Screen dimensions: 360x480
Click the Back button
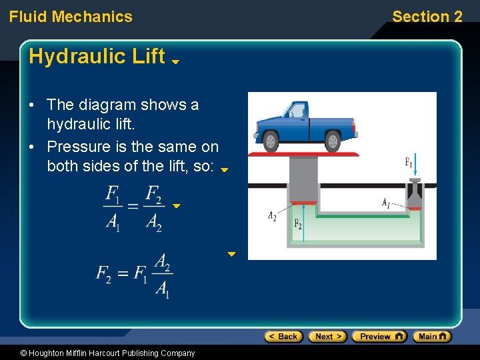(283, 337)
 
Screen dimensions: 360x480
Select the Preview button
(379, 337)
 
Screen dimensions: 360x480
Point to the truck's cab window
(295, 111)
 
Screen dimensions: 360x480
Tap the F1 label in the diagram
(409, 162)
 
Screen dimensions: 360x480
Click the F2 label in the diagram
(298, 224)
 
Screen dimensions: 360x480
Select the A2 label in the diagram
(272, 215)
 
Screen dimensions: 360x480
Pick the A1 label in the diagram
(386, 202)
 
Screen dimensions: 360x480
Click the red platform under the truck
(307, 154)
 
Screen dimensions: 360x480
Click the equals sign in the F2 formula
(122, 273)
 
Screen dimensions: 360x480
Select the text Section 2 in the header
(427, 17)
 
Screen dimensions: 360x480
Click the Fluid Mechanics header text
(71, 17)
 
